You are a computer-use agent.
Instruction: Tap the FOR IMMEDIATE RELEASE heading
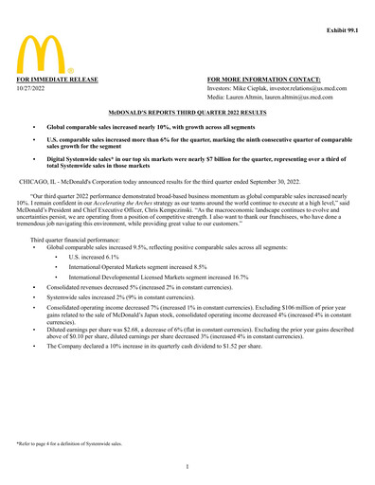tap(55, 80)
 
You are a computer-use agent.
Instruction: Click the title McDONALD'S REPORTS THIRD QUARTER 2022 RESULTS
tap(187, 111)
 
